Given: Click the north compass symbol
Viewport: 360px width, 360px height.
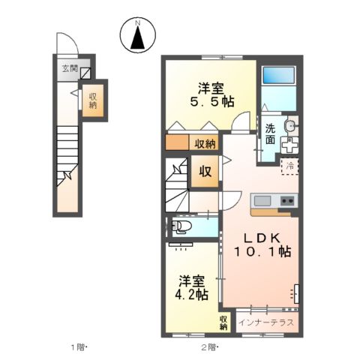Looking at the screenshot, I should pyautogui.click(x=138, y=35).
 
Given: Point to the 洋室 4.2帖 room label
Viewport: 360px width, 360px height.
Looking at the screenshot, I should pyautogui.click(x=193, y=287).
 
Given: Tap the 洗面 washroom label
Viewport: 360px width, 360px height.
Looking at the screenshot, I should pyautogui.click(x=270, y=133).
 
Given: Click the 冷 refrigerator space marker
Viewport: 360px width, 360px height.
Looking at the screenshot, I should pyautogui.click(x=289, y=166).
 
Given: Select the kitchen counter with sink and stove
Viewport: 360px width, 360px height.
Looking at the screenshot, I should pyautogui.click(x=273, y=202).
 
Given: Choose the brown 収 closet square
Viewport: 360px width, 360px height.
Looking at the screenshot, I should pyautogui.click(x=205, y=171).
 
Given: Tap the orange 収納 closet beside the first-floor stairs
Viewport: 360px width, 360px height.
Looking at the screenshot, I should pyautogui.click(x=93, y=100).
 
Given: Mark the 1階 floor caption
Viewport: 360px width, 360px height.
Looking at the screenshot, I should pyautogui.click(x=78, y=347).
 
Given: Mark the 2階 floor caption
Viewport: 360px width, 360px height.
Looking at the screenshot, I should pyautogui.click(x=208, y=347).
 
